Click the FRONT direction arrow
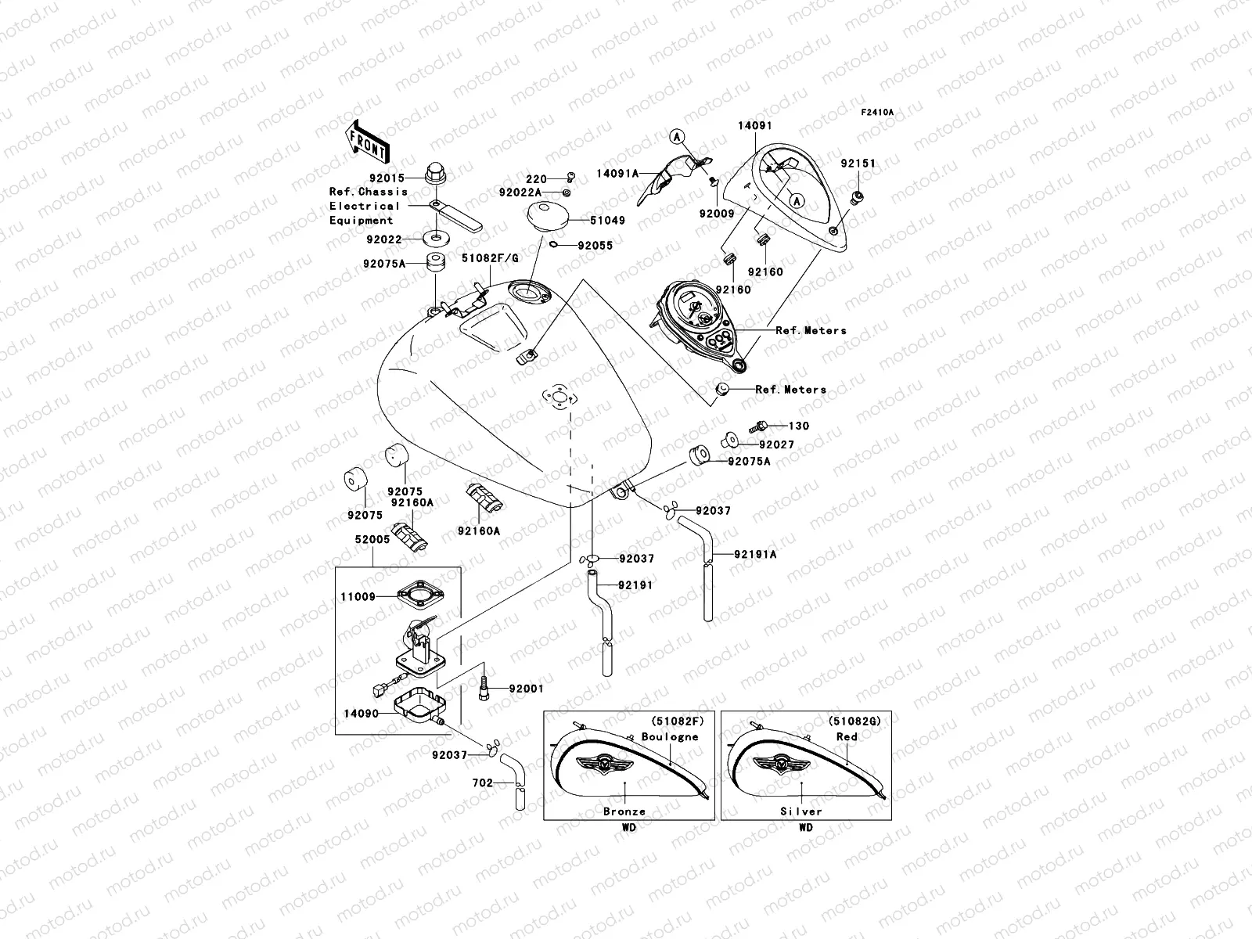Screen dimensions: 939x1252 pyautogui.click(x=368, y=141)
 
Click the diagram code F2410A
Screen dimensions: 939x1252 pyautogui.click(x=877, y=113)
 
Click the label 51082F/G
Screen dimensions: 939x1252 pyautogui.click(x=489, y=257)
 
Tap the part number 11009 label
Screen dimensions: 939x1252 pyautogui.click(x=358, y=597)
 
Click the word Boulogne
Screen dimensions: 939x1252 pyautogui.click(x=669, y=737)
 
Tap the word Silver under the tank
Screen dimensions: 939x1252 pyautogui.click(x=800, y=811)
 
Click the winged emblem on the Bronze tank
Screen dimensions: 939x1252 pyautogui.click(x=602, y=763)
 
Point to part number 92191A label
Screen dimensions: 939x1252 pyautogui.click(x=755, y=555)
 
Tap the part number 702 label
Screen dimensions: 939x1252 pyautogui.click(x=483, y=782)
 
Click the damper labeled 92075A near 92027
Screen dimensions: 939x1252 pyautogui.click(x=698, y=454)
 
